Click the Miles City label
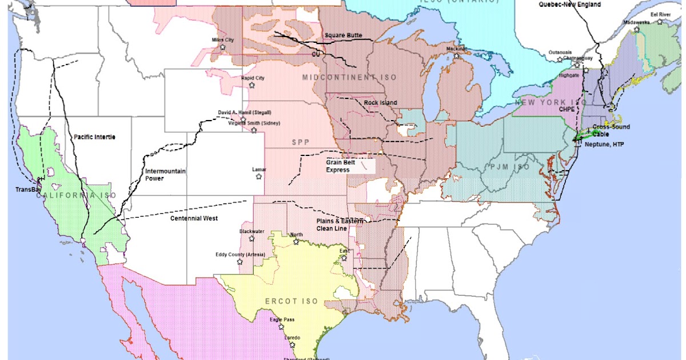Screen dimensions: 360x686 coord(223,40)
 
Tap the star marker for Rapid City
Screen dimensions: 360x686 coord(252,85)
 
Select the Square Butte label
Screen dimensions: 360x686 coord(343,35)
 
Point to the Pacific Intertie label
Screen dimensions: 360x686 coord(95,137)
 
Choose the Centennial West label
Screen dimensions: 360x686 coord(194,218)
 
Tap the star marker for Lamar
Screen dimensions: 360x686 coord(258,177)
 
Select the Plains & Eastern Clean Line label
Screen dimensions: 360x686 coord(338,225)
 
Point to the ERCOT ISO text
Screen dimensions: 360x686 coord(292,301)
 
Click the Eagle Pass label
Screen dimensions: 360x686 coord(282,319)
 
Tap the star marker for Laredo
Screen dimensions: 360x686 coord(292,345)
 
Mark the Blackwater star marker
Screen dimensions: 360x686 coord(251,238)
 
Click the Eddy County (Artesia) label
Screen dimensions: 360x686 coord(240,255)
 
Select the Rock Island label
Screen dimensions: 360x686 coord(380,103)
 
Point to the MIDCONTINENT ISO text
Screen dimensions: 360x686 coord(349,77)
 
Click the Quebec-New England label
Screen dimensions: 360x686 coord(569,5)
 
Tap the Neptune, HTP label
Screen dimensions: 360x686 coord(604,145)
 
